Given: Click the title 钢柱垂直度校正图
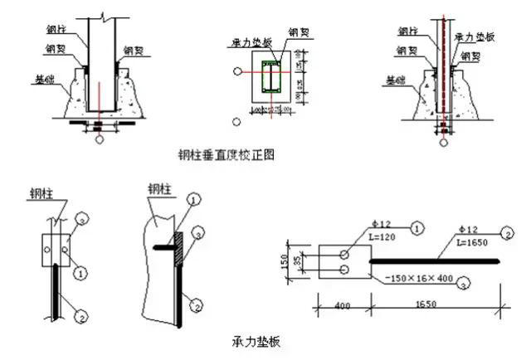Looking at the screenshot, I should tap(225, 154).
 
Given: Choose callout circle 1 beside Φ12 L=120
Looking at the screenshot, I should tap(417, 225).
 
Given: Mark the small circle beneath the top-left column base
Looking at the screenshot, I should tap(100, 140).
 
